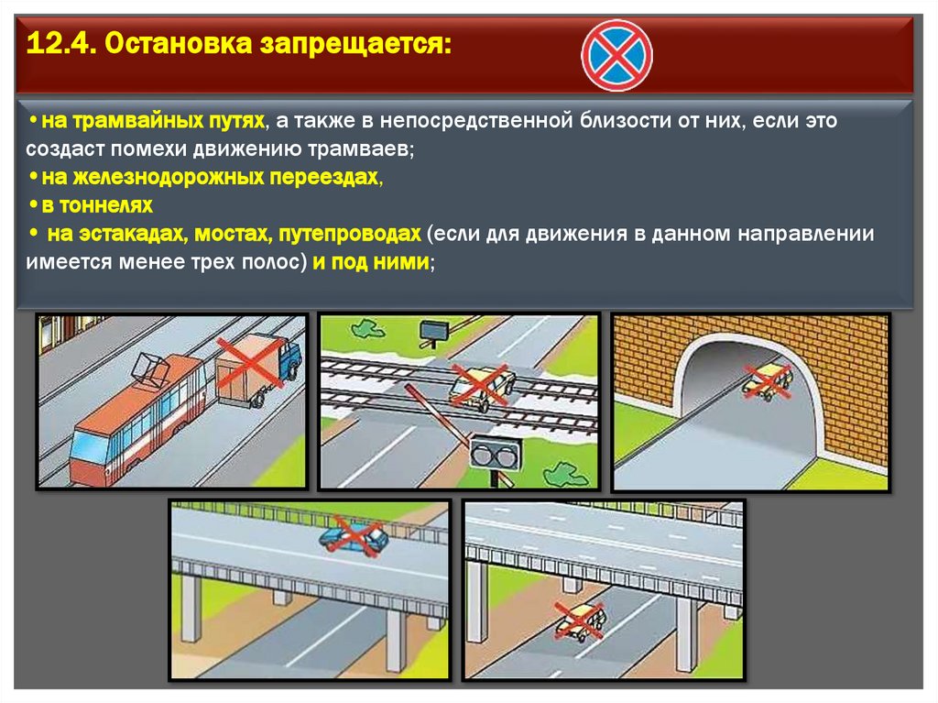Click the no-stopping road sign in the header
616,55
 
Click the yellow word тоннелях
106,205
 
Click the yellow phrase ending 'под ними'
370,262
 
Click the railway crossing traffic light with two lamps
496,454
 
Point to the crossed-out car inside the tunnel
767,380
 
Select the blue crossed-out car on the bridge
354,536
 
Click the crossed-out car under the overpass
579,621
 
